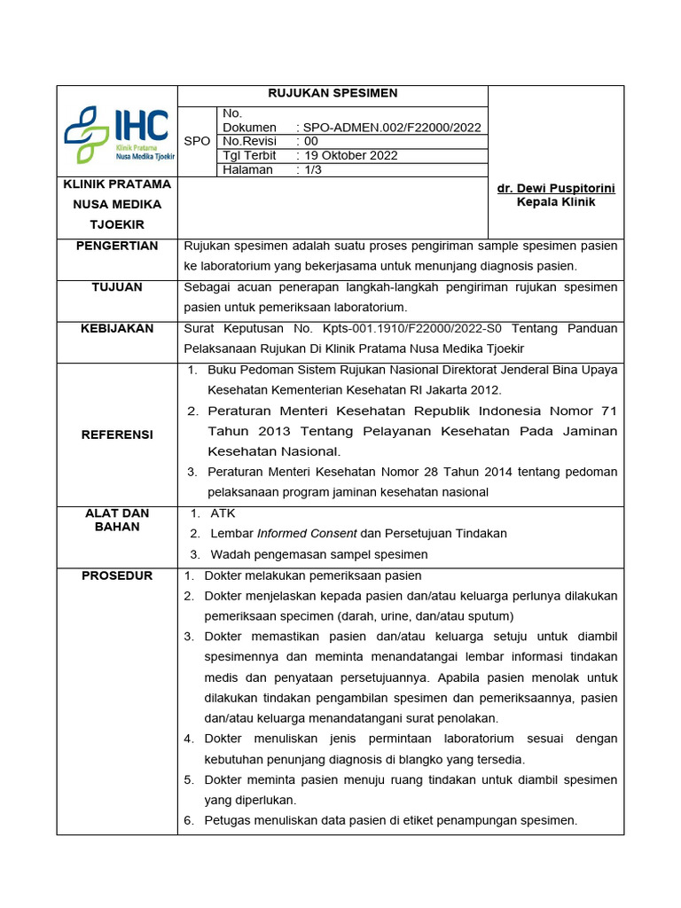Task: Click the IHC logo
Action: [118, 133]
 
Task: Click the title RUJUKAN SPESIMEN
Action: [333, 93]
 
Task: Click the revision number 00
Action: [310, 141]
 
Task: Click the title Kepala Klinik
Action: [556, 202]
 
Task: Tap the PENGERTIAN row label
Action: [117, 246]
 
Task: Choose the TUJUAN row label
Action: [117, 287]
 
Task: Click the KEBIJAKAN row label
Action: [117, 328]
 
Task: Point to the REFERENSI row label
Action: [117, 434]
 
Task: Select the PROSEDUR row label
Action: [117, 575]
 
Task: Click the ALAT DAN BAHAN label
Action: [117, 520]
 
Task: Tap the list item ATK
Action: [223, 513]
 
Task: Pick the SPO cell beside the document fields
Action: [197, 141]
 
